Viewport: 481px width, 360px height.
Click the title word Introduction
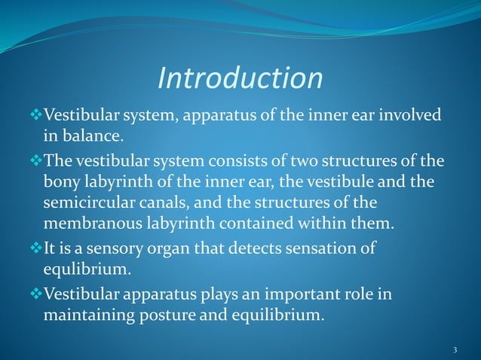point(240,78)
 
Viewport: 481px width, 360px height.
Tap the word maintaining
point(86,315)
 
